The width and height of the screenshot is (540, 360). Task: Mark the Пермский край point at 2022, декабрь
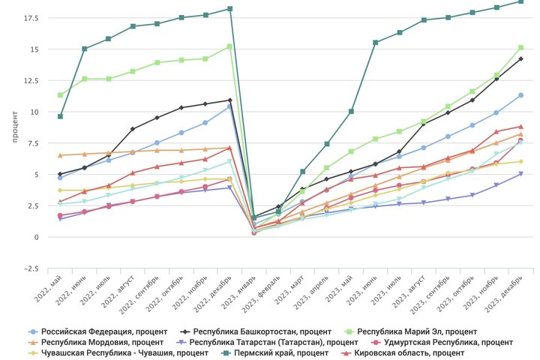[x=229, y=9]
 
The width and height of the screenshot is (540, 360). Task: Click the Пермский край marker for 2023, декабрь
[x=520, y=1]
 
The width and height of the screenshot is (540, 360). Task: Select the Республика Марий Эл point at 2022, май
[x=60, y=95]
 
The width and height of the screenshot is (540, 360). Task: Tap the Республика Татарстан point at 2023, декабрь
[x=520, y=174]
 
